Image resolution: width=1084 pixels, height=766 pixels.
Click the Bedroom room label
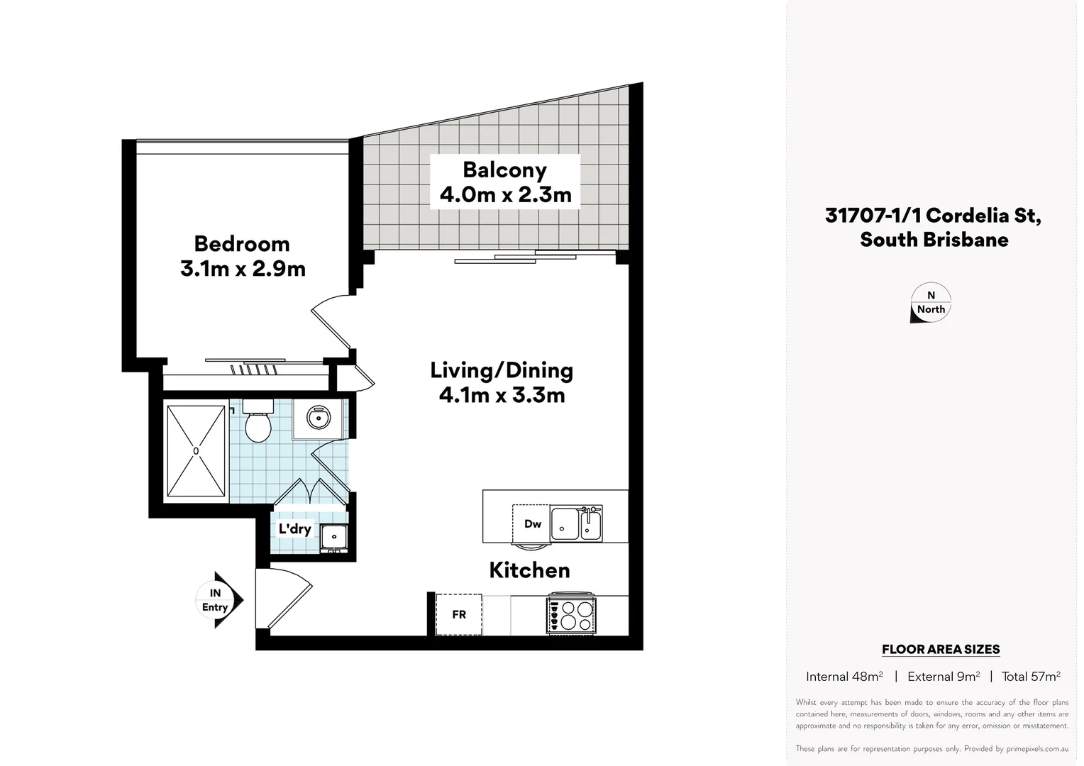242,244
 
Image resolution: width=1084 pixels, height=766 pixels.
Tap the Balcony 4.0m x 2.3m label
505,182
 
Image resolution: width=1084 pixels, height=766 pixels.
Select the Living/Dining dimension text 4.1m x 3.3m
502,395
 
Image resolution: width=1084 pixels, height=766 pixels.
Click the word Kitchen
529,570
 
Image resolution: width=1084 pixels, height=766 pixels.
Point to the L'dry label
294,529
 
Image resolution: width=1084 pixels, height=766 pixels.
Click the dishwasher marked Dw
532,523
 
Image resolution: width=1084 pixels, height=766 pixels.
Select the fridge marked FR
459,614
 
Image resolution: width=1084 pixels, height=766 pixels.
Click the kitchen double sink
576,523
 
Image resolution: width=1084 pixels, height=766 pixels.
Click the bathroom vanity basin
319,418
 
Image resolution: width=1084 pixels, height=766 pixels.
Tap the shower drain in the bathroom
196,450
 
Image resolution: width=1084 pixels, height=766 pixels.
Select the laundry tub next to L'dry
333,537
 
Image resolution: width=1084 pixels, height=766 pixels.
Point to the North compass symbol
930,304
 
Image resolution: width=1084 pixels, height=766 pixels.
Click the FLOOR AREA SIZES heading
940,649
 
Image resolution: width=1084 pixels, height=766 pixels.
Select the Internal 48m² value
844,677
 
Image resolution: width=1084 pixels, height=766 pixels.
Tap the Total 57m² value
1030,677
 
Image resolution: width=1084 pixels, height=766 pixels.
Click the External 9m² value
943,677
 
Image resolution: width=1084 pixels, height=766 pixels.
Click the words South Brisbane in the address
934,240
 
